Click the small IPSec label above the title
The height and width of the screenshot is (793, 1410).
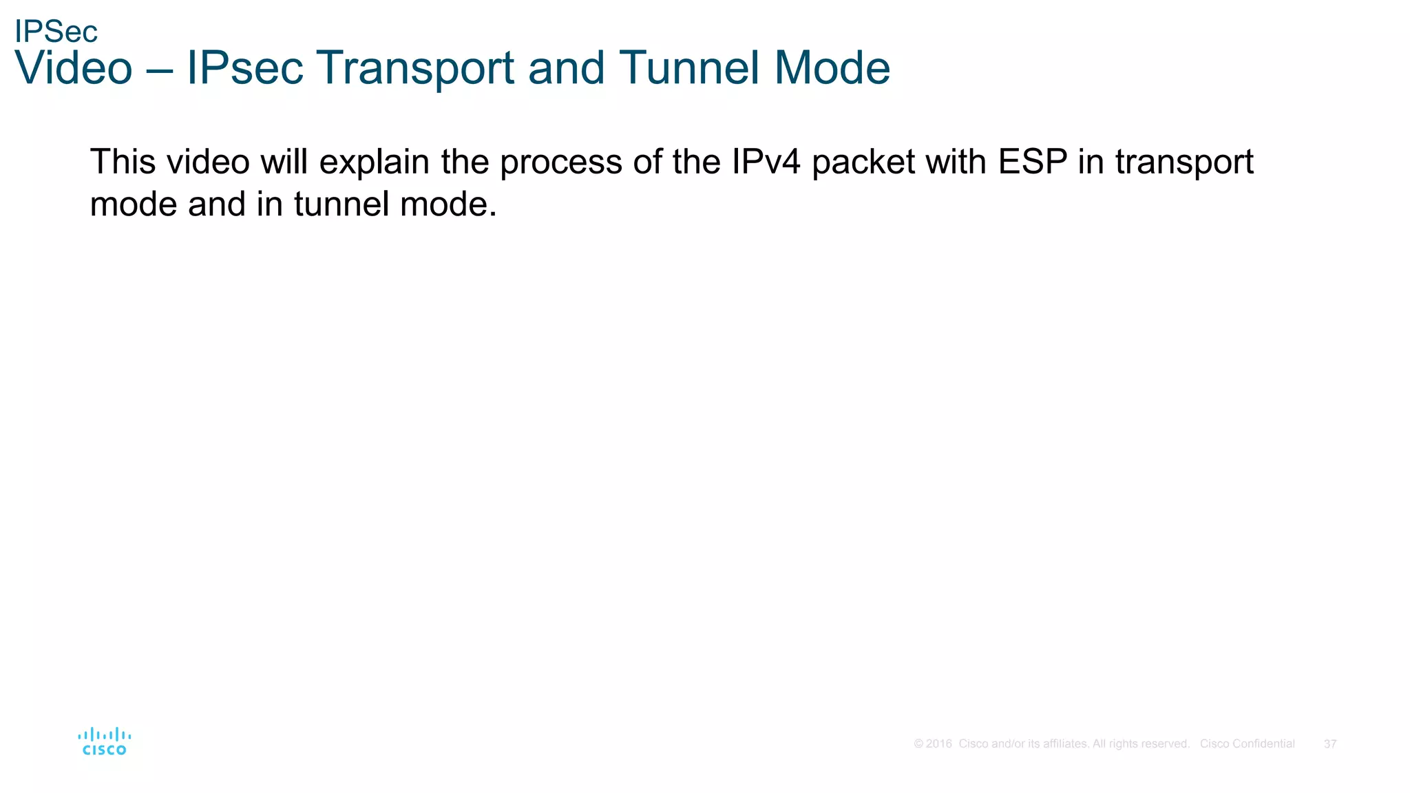tap(56, 32)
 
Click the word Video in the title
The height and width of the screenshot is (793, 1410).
tap(73, 68)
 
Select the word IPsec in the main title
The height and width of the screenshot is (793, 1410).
tap(244, 68)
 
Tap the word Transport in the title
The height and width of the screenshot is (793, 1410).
tap(415, 68)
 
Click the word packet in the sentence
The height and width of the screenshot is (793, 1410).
tap(863, 163)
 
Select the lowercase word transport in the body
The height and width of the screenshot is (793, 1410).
tap(1183, 163)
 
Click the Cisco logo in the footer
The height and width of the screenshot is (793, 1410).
tap(105, 741)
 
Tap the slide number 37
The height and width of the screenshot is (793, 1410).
tap(1330, 744)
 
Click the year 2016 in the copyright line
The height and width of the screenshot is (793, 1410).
tap(939, 744)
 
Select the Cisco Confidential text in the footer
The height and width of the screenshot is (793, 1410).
tap(1247, 744)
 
